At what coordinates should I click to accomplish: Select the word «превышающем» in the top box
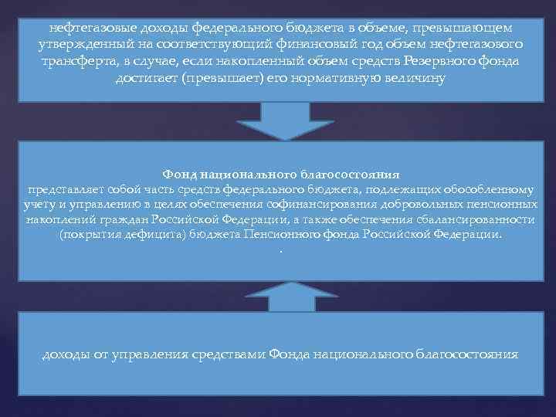(x=470, y=28)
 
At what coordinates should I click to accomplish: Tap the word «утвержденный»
(x=81, y=46)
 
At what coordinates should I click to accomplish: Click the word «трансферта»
(x=78, y=63)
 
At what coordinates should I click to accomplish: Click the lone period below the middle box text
(x=281, y=252)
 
